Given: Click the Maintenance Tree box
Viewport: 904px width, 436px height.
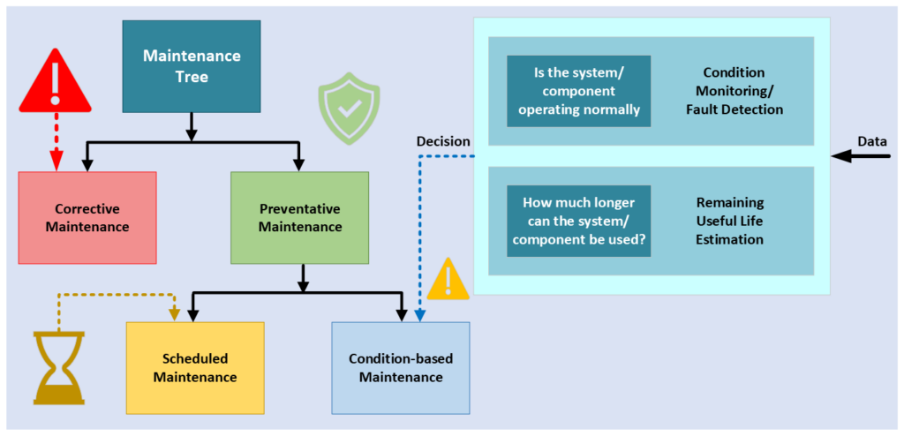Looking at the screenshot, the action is click(x=192, y=65).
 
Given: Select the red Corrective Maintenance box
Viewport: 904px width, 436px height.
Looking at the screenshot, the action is click(x=87, y=218).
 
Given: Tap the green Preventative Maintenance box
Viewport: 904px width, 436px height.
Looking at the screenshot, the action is click(x=300, y=218).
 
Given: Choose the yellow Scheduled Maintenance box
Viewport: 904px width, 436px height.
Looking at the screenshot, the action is click(x=195, y=367).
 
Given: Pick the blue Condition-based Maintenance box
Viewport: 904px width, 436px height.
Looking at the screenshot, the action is click(x=401, y=367).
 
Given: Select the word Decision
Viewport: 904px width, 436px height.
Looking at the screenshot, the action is click(x=443, y=142).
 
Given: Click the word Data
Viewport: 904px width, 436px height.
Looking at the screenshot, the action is click(x=872, y=141).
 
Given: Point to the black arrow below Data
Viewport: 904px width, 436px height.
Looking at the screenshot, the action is click(x=861, y=155).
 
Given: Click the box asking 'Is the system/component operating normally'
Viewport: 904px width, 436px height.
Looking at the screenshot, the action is click(x=579, y=91).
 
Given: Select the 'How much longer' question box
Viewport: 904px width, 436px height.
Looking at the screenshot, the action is click(x=579, y=221).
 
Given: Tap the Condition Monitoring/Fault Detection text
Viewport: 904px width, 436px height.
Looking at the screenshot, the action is click(x=734, y=91).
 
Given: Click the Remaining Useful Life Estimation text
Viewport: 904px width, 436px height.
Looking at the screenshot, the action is click(x=730, y=221).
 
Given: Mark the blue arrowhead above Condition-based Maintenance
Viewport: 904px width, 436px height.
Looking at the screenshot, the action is click(x=419, y=315).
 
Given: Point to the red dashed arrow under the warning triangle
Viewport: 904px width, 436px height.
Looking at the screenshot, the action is click(x=56, y=142).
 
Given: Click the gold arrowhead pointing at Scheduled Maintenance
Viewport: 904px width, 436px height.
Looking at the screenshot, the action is click(x=174, y=315).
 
